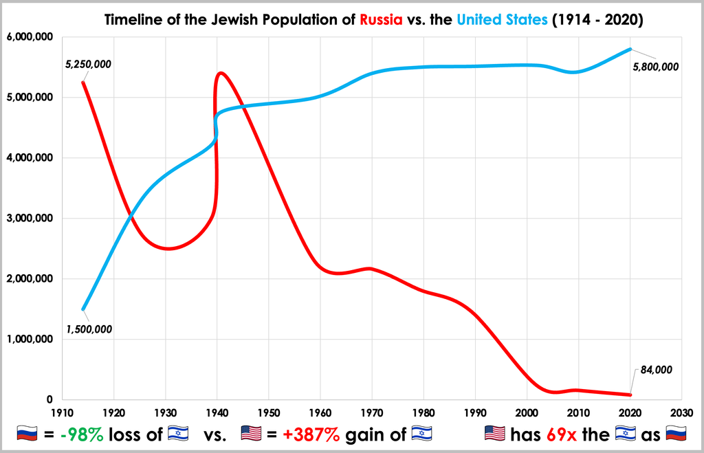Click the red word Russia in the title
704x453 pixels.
tap(382, 20)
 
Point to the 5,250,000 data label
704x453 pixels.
tap(88, 65)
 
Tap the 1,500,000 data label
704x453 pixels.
tap(89, 329)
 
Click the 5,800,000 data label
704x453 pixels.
tap(655, 67)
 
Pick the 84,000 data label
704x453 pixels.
tap(656, 370)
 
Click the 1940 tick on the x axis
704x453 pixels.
tap(217, 412)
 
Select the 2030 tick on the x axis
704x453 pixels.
tap(681, 412)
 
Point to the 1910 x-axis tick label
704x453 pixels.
tap(63, 412)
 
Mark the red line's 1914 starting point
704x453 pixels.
tap(83, 82)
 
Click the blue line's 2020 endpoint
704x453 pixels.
tap(630, 49)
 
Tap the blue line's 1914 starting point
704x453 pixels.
tap(83, 309)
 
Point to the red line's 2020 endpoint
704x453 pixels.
tap(630, 395)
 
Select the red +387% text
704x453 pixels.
tap(309, 434)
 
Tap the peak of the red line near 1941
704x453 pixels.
tap(221, 72)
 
